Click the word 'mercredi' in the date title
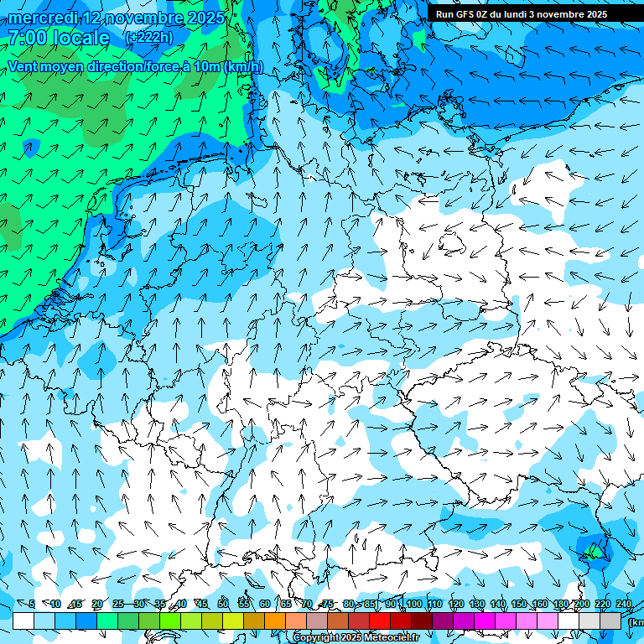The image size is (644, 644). pyautogui.click(x=42, y=18)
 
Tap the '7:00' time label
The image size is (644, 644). pyautogui.click(x=27, y=38)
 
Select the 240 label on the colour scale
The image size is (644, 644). pyautogui.click(x=624, y=604)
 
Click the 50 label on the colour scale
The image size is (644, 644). pyautogui.click(x=223, y=604)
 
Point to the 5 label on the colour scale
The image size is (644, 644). pyautogui.click(x=32, y=604)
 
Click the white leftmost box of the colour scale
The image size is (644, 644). pyautogui.click(x=23, y=621)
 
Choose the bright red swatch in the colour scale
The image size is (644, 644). pyautogui.click(x=380, y=621)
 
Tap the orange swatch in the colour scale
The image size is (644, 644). pyautogui.click(x=275, y=621)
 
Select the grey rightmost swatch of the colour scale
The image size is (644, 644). pyautogui.click(x=610, y=621)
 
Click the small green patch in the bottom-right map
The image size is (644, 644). pyautogui.click(x=594, y=551)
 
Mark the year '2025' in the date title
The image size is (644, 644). pyautogui.click(x=206, y=18)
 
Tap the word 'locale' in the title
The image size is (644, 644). pyautogui.click(x=81, y=38)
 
